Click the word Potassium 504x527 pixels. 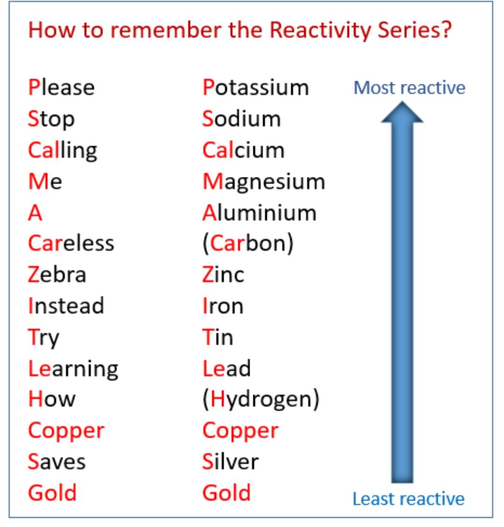tap(256, 88)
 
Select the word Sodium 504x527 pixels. tap(241, 119)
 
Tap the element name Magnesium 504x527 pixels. tap(264, 182)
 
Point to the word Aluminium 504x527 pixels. tap(259, 213)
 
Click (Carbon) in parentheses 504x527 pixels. tap(248, 244)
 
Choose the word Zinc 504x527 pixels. tap(223, 274)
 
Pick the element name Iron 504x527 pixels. tap(223, 306)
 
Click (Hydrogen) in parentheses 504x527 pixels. tap(261, 400)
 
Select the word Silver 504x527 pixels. tap(230, 462)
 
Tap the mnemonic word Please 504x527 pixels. tap(61, 88)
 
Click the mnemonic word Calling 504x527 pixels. tap(63, 151)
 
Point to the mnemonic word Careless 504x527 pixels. tap(71, 244)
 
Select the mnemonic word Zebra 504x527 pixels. tap(57, 274)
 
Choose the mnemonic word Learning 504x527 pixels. tap(73, 369)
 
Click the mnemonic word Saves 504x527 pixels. tap(56, 462)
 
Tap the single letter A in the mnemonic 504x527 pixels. tap(35, 213)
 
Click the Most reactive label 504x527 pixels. tap(409, 88)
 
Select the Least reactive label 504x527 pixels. tap(408, 499)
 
